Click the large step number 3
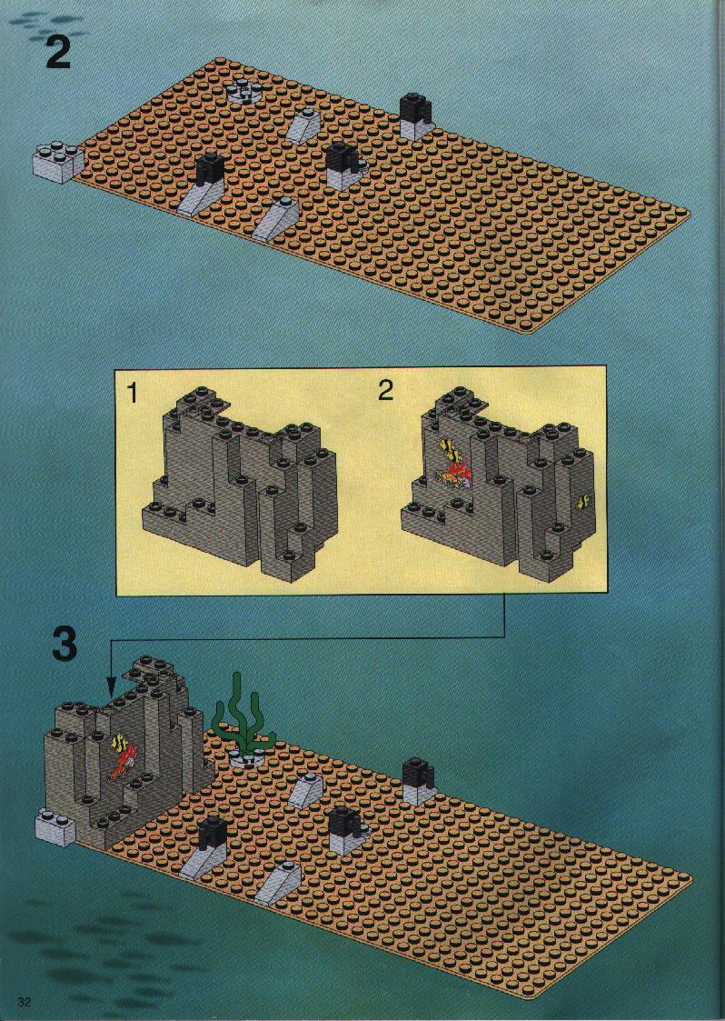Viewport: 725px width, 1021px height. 65,644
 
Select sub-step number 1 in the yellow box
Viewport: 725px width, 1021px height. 132,393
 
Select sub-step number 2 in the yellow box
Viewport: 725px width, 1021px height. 386,390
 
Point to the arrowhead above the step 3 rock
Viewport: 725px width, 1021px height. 111,686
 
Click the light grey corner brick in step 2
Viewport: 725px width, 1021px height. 58,162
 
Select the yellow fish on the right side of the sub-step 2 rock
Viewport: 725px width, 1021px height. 583,501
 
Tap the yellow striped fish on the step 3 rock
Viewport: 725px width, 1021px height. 121,742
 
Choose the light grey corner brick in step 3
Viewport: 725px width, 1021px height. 56,826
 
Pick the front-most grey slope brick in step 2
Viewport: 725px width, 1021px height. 274,219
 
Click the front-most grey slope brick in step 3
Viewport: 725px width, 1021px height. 277,882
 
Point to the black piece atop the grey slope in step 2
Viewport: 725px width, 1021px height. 210,171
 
